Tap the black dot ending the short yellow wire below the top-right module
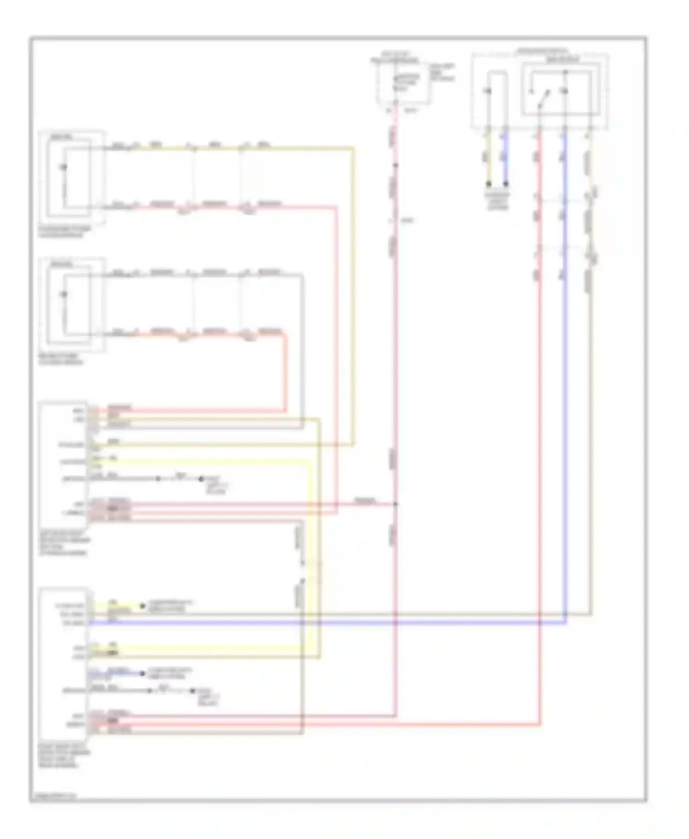click(x=489, y=184)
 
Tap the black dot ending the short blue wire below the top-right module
click(x=506, y=184)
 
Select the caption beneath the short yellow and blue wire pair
click(x=497, y=201)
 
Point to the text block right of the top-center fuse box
click(x=442, y=73)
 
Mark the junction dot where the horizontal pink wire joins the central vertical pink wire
click(x=395, y=504)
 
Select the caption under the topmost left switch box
click(x=64, y=232)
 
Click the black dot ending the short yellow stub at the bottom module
click(x=142, y=606)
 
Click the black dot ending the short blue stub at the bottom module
click(x=142, y=673)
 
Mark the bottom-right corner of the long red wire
click(x=539, y=725)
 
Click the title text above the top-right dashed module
click(x=542, y=50)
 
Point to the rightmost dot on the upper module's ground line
click(x=201, y=479)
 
